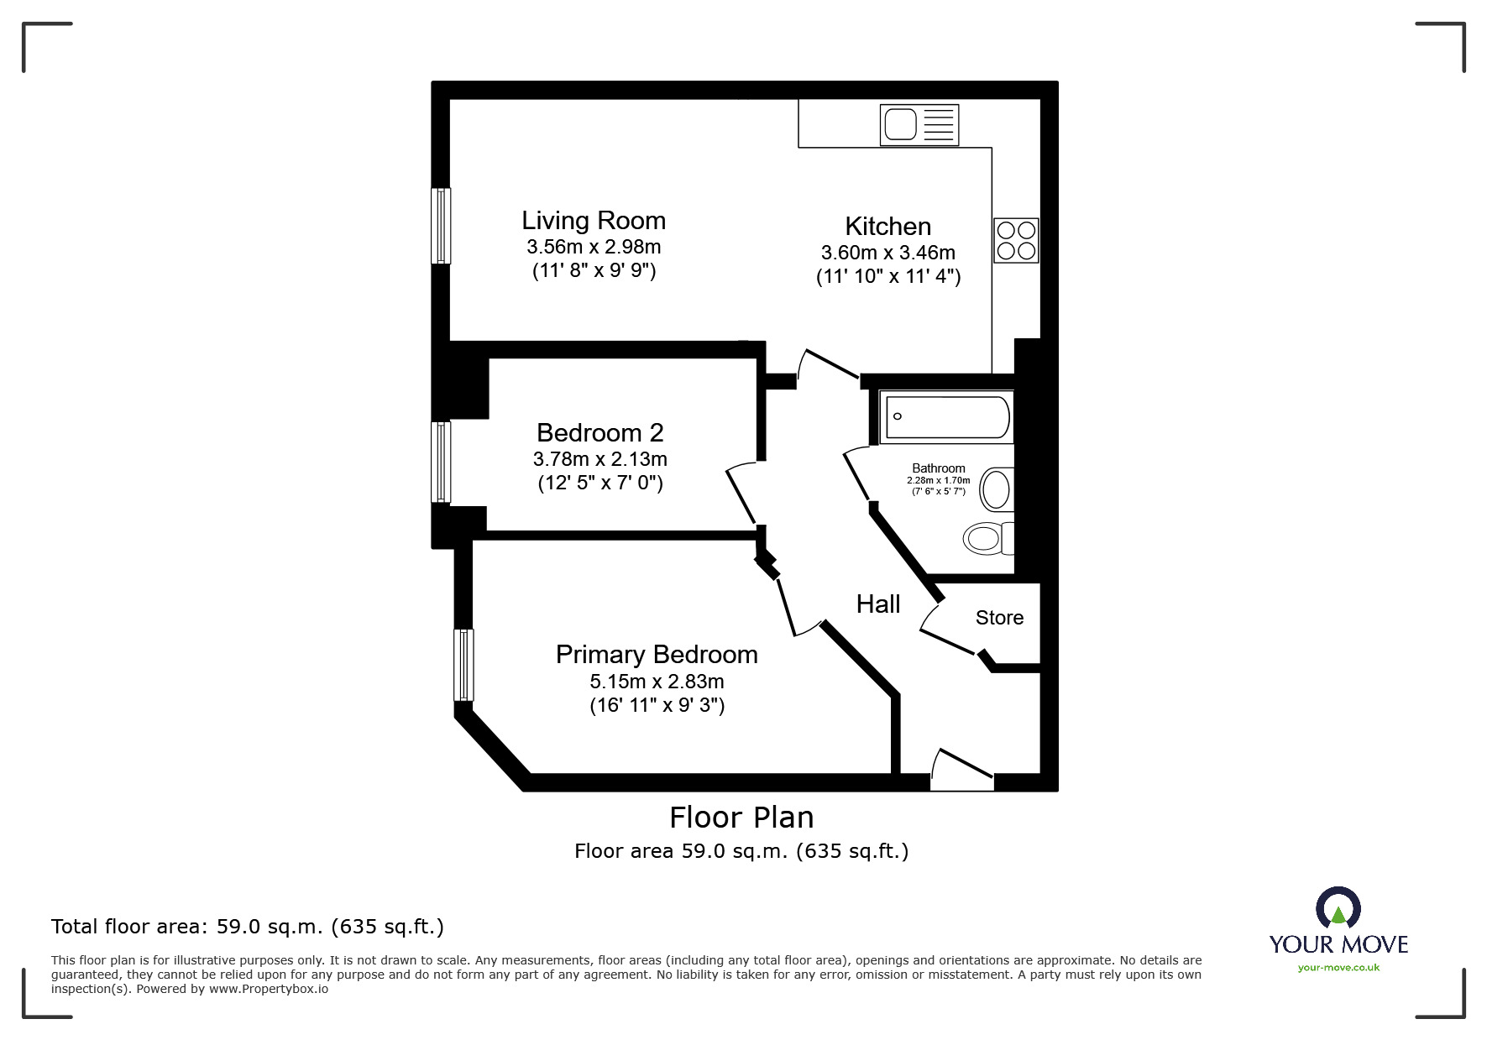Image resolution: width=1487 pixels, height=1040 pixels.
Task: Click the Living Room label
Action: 594,221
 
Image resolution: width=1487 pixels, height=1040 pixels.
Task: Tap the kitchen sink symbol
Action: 919,125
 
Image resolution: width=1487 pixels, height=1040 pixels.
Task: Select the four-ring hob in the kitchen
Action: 1016,240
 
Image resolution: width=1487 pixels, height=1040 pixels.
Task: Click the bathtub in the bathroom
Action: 946,417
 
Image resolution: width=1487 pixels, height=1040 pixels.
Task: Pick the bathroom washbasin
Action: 997,489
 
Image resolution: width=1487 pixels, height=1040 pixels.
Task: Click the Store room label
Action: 999,618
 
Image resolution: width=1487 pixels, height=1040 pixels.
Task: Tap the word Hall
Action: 877,604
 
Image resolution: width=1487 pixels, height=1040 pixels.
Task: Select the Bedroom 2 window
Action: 441,463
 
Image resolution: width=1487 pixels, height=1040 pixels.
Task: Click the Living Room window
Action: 441,226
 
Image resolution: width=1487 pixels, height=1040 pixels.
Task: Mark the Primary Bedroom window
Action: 463,665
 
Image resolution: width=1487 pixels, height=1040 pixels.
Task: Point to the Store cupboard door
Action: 947,638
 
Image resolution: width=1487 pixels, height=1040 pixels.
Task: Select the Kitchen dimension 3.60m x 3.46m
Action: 887,253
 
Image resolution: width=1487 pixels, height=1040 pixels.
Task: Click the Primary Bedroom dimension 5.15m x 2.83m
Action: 657,682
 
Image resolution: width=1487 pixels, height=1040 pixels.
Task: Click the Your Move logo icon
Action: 1338,910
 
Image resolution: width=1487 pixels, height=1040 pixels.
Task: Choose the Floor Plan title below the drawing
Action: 741,817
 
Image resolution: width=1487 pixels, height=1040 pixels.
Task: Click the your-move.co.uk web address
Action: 1338,968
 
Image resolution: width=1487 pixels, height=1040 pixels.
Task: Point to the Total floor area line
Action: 248,927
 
